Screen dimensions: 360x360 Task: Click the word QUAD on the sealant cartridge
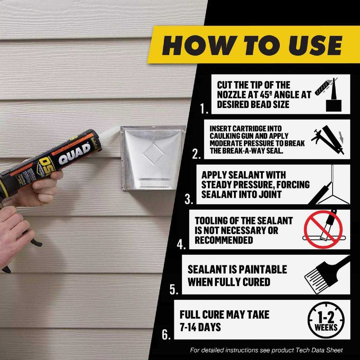74,154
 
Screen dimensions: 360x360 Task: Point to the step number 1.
205,109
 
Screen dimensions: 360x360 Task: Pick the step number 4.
181,244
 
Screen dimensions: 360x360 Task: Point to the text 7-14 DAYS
200,327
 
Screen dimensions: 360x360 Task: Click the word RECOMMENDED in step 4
224,240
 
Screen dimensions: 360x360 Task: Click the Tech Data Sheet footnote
266,350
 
